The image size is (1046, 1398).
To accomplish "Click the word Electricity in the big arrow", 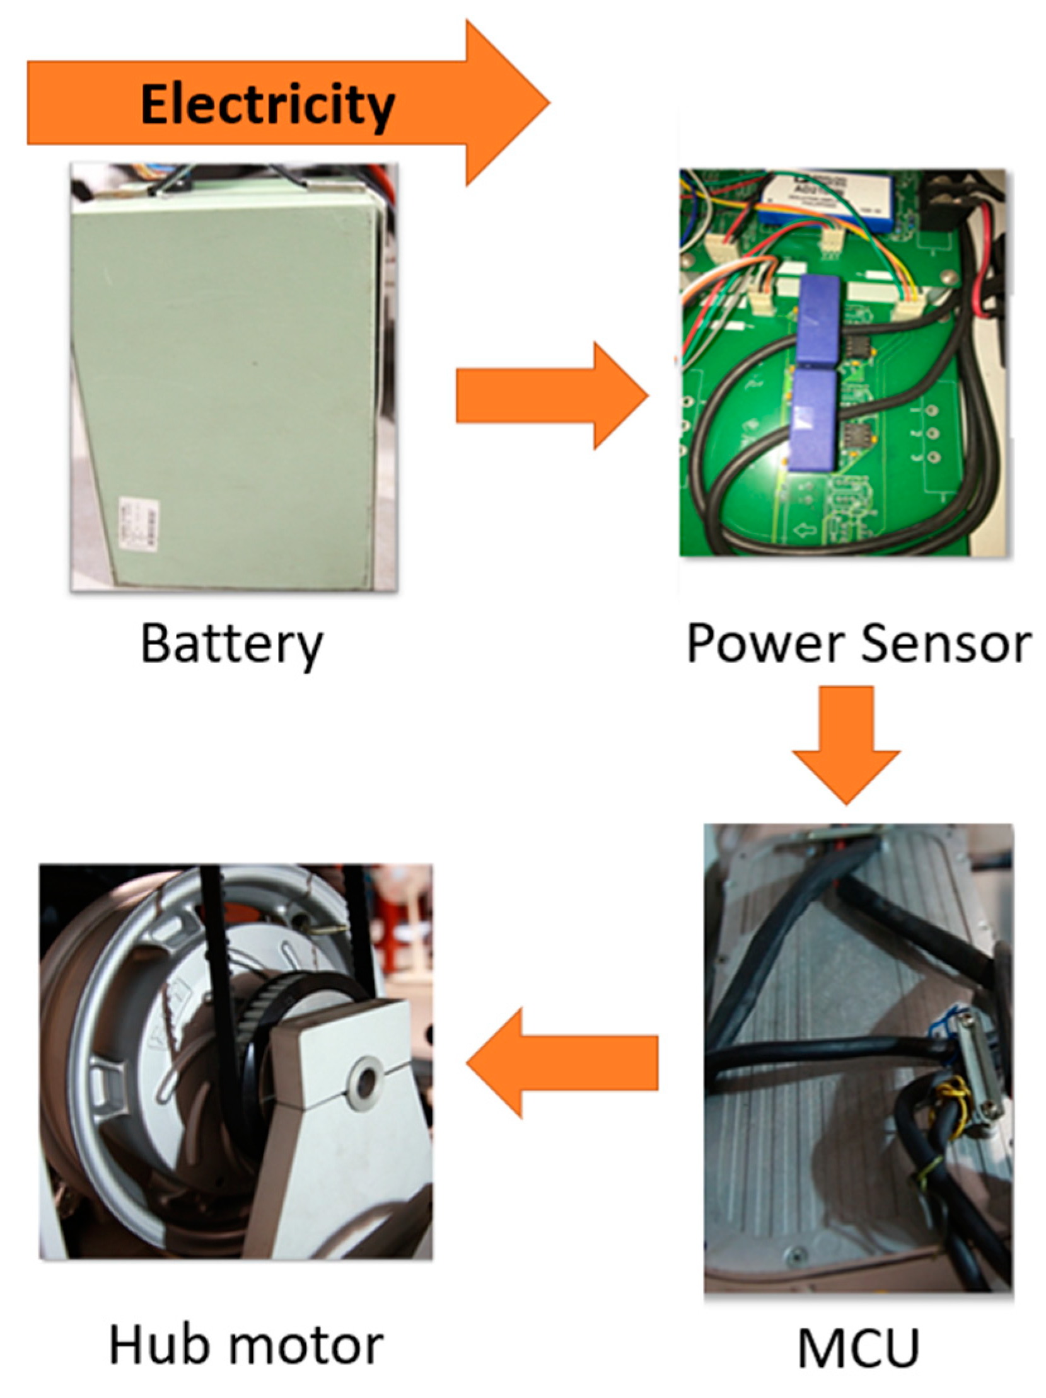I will click(267, 105).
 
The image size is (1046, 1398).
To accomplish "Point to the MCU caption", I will click(857, 1348).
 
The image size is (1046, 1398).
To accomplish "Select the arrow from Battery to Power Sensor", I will click(550, 396).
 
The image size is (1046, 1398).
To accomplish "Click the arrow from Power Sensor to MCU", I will click(846, 743).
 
